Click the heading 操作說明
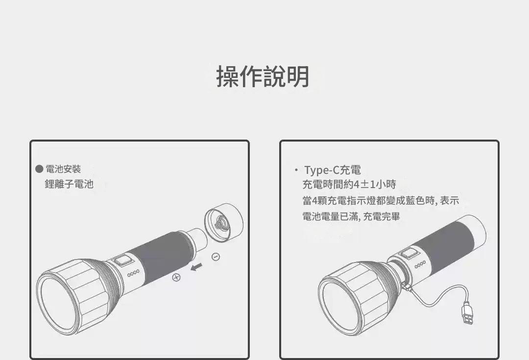click(263, 76)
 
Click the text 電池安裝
click(63, 168)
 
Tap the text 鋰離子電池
click(69, 184)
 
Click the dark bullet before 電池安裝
click(39, 168)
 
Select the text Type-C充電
click(333, 169)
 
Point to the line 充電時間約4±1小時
click(349, 185)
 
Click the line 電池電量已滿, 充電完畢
click(351, 216)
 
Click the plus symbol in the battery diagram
click(176, 277)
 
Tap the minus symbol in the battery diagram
click(216, 257)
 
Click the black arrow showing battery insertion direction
click(196, 267)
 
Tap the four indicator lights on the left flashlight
click(133, 273)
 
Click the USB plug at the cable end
click(468, 313)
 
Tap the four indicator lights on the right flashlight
click(420, 264)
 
